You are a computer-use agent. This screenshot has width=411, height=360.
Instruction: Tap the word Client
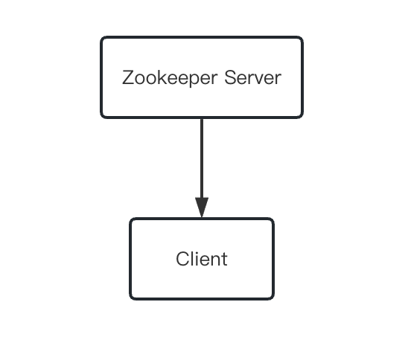coord(202,259)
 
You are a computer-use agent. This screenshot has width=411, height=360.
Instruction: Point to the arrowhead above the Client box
coord(202,208)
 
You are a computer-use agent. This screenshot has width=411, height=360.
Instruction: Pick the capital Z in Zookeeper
coord(127,77)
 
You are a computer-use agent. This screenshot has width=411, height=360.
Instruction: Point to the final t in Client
coord(224,259)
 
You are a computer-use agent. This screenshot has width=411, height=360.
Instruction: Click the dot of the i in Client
coord(196,252)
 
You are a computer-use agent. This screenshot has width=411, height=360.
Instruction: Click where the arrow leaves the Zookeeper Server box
coord(202,118)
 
